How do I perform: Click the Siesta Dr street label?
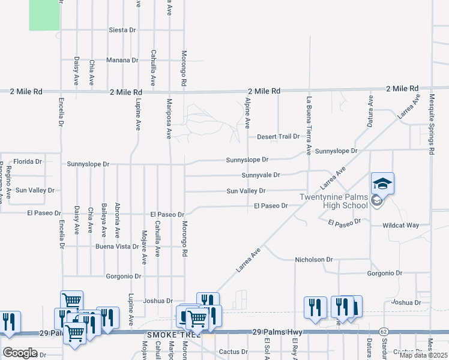(123, 29)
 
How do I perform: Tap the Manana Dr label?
(122, 60)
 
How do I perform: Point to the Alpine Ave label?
(247, 115)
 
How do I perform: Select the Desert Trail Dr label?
(278, 137)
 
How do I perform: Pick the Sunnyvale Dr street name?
(261, 175)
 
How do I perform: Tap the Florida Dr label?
(28, 161)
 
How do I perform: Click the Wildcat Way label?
(401, 226)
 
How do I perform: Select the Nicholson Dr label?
(313, 260)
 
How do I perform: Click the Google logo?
(19, 353)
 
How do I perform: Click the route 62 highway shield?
(383, 331)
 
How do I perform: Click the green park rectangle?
(45, 15)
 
